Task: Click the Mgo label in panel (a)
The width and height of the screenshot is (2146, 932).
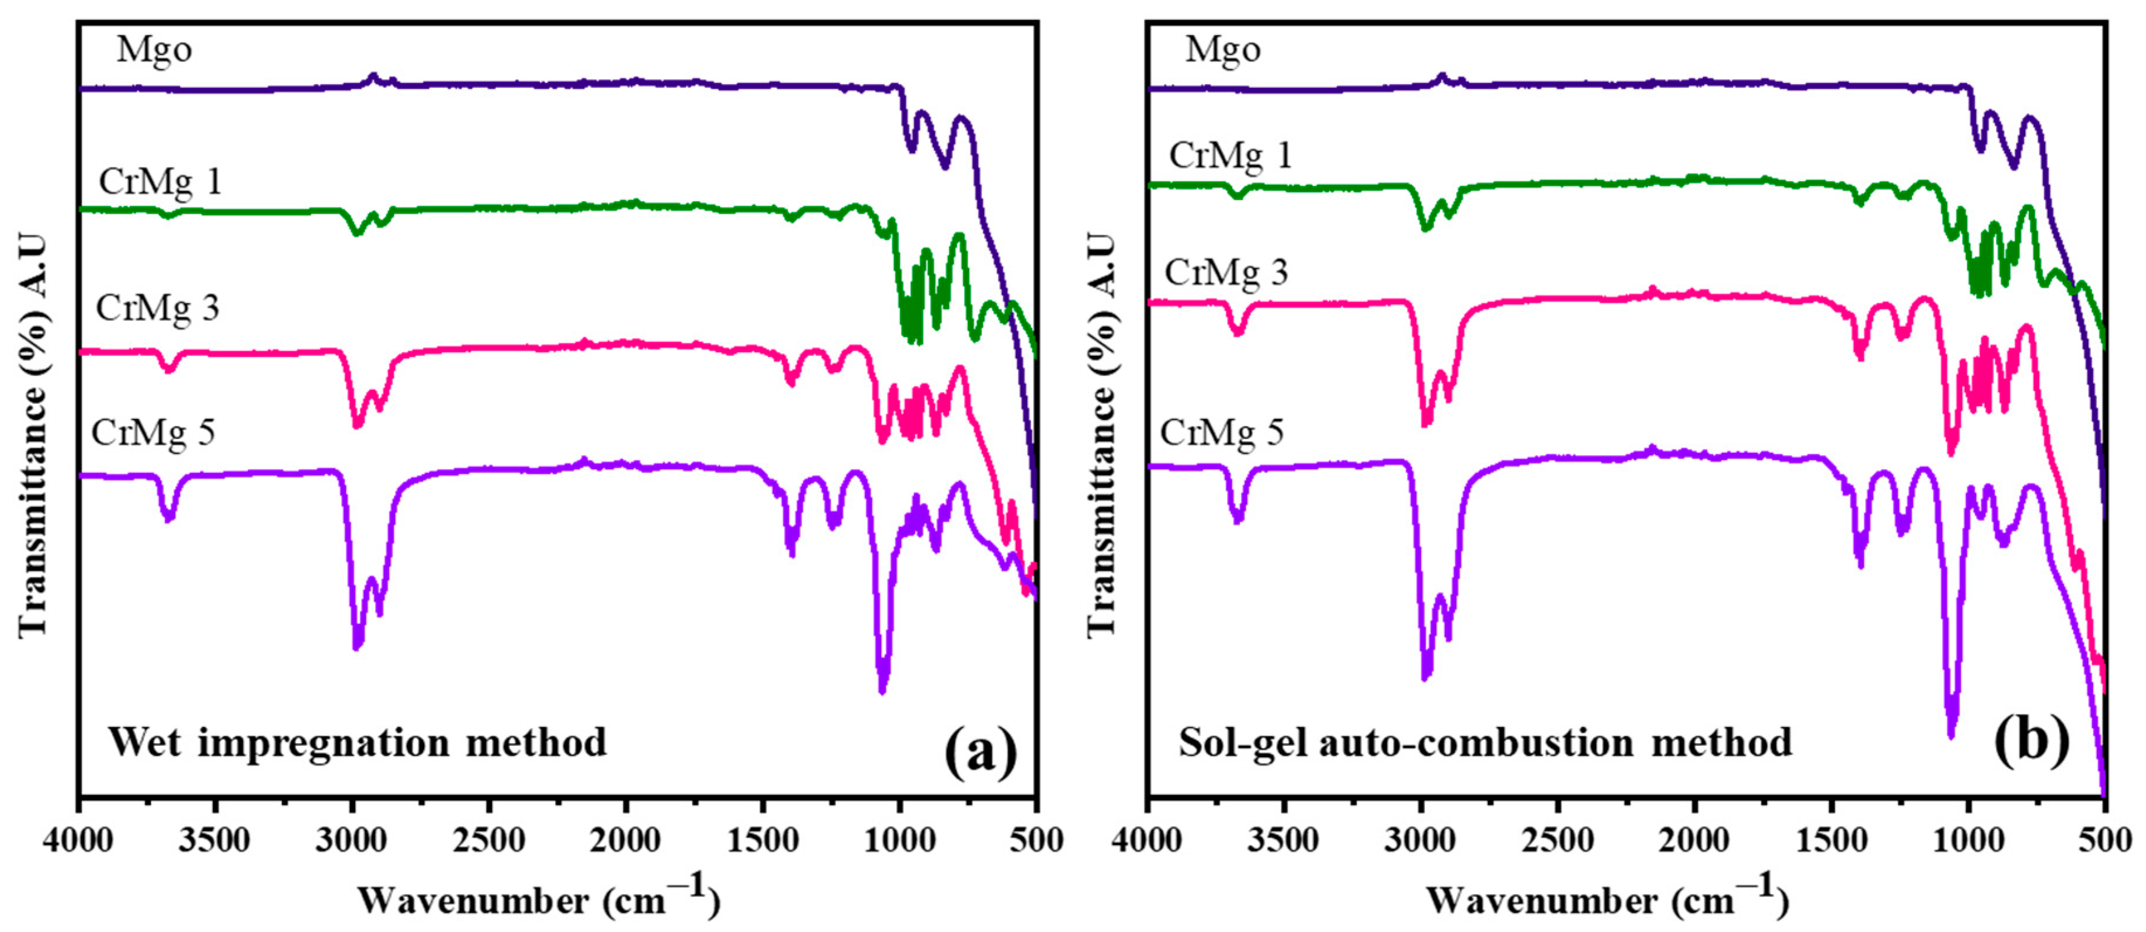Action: pos(154,50)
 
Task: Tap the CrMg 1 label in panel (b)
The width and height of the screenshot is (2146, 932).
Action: pos(1230,157)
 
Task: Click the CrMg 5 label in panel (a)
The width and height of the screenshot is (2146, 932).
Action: pos(153,433)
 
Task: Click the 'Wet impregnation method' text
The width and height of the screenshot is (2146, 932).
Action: pos(358,742)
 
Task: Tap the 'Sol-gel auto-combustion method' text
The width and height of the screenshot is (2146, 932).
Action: pos(1485,742)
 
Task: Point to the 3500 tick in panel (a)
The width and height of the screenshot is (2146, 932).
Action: pos(215,840)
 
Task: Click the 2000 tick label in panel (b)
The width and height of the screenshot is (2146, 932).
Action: pos(1694,840)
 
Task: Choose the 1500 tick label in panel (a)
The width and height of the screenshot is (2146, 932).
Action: pos(762,840)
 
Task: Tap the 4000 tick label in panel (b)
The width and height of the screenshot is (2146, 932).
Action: pos(1147,840)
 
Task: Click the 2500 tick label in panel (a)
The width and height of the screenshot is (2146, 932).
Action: pos(489,840)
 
